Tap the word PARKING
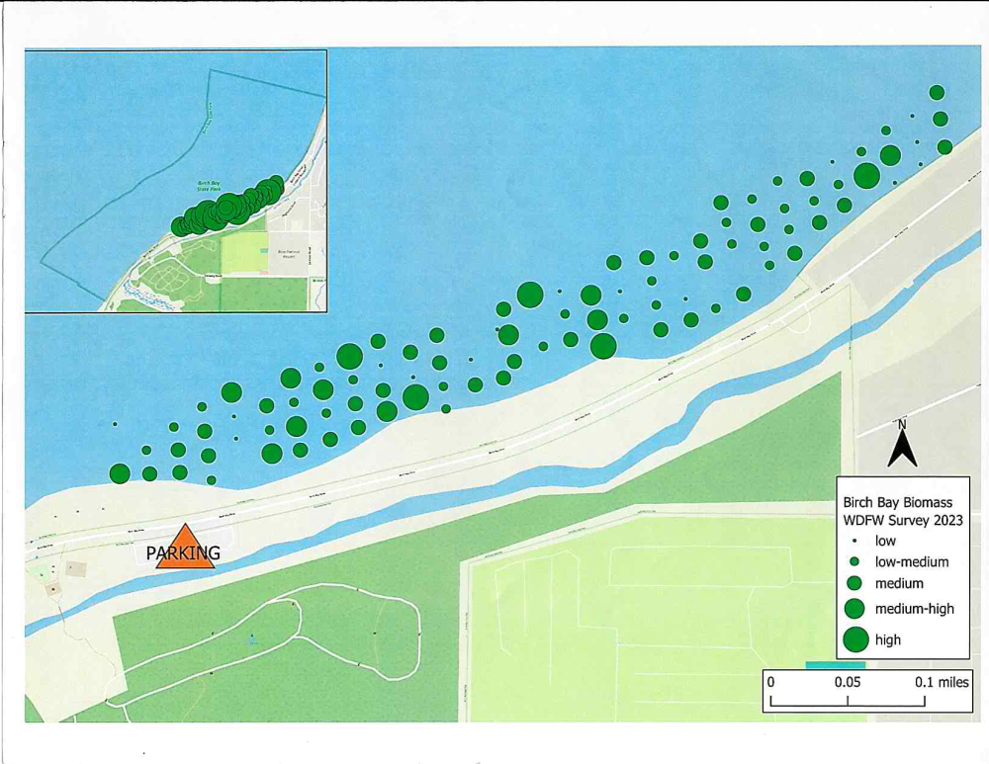click(x=182, y=554)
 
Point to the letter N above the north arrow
click(x=901, y=425)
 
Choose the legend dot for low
click(x=855, y=542)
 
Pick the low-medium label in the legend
click(x=912, y=562)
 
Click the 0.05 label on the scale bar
click(x=847, y=682)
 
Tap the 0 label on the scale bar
click(x=770, y=682)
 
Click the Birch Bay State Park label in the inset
click(x=209, y=186)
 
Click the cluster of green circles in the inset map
click(x=227, y=207)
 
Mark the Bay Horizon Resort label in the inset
click(x=287, y=254)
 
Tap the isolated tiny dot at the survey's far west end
click(x=116, y=425)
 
